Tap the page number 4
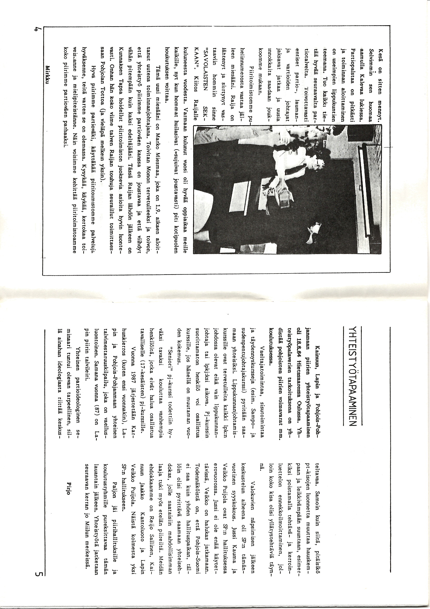pos(38,29)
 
